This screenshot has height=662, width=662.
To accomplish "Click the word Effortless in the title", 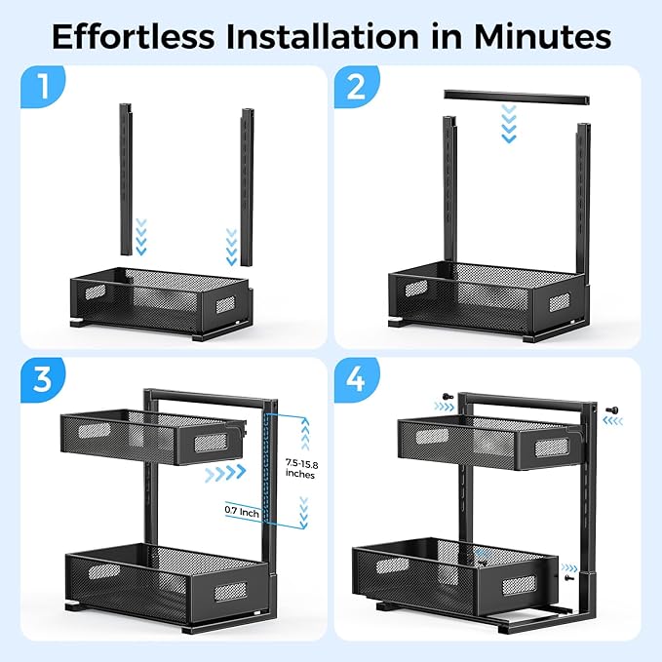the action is (x=134, y=37).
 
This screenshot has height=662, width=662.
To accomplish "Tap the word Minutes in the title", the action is (x=542, y=37).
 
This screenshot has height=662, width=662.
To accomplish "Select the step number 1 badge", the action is (x=43, y=87).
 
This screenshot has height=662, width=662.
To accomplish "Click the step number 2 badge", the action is (x=357, y=87).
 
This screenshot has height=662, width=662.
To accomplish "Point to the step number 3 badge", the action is (x=43, y=379).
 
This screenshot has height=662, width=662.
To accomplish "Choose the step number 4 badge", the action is (x=357, y=379).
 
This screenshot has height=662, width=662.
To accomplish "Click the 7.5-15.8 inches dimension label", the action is (x=301, y=469).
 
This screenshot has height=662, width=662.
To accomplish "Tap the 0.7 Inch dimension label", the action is (x=242, y=512).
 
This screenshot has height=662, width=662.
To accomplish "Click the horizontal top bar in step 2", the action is (x=517, y=97).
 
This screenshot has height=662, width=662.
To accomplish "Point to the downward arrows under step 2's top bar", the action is (x=509, y=124).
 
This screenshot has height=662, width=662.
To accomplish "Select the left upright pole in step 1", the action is (x=126, y=179).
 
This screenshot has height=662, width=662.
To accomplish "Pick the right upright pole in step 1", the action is (x=248, y=187).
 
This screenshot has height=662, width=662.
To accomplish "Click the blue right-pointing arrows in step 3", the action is (x=225, y=473).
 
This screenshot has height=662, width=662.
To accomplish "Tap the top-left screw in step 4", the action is (x=448, y=396).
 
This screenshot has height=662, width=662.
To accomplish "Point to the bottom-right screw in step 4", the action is (x=568, y=577).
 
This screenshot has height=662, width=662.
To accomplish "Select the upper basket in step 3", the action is (x=153, y=437).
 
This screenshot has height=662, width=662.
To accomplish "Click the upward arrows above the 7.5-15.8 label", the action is (x=305, y=434).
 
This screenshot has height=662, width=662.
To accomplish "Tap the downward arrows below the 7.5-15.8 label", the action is (x=303, y=513).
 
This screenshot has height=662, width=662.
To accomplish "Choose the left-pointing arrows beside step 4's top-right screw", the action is (x=613, y=421).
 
